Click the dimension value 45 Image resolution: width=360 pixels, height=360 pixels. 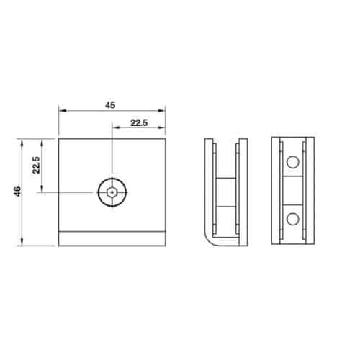point(110,105)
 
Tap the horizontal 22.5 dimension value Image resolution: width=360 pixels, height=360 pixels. point(139,123)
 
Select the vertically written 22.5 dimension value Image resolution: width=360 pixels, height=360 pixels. point(36,165)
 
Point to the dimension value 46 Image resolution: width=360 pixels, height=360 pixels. point(17,192)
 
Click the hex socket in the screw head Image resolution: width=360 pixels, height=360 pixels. point(112,192)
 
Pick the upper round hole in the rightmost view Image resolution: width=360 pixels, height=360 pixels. point(293,162)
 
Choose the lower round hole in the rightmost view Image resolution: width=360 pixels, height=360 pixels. point(293,219)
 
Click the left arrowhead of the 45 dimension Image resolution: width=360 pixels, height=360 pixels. point(63,111)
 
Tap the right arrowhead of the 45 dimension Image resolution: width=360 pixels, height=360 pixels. point(162,111)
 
